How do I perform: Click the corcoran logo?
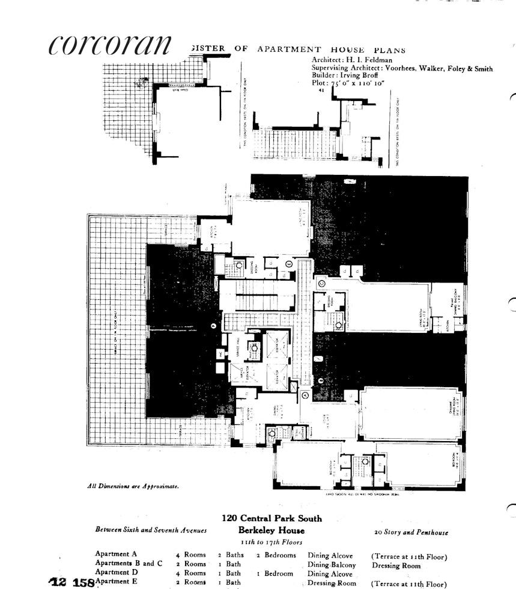[x=109, y=44]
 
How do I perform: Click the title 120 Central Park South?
[x=271, y=519]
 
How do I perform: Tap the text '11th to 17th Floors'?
[x=271, y=542]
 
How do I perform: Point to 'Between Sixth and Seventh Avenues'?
[x=151, y=531]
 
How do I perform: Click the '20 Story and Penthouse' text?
[x=411, y=533]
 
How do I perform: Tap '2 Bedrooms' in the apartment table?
[x=276, y=555]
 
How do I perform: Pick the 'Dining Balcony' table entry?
[x=332, y=565]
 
